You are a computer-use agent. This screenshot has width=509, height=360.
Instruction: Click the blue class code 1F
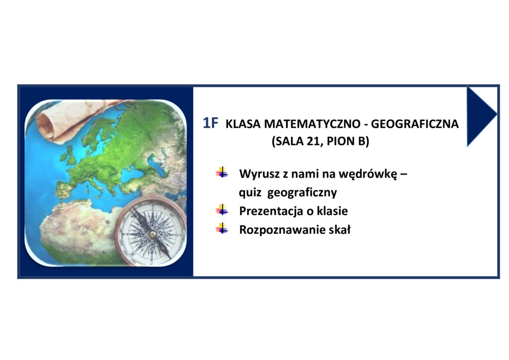(210, 123)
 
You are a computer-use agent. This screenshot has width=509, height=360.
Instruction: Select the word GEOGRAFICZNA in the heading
(415, 124)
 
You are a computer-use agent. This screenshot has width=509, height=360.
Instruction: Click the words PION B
(346, 141)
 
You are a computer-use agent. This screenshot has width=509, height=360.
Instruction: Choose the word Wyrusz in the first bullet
(259, 175)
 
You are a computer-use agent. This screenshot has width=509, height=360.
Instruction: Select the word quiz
(250, 193)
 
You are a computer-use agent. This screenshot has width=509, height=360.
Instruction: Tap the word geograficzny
(302, 193)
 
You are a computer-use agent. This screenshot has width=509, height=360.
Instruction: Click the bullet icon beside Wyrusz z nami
(222, 173)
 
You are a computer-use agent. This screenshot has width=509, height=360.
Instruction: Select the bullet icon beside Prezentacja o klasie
(222, 210)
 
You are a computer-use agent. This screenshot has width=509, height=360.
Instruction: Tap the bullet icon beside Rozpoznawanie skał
(222, 229)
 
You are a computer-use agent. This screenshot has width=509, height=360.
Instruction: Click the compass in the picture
(151, 232)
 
